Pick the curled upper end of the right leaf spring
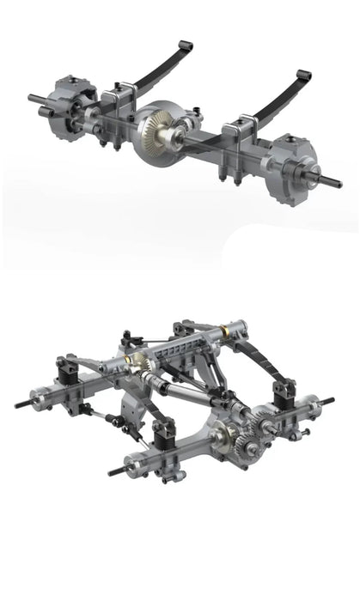(x=304, y=76)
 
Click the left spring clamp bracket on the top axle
(x=119, y=101)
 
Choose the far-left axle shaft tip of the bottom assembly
(x=21, y=404)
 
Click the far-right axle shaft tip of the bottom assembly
(x=330, y=399)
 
